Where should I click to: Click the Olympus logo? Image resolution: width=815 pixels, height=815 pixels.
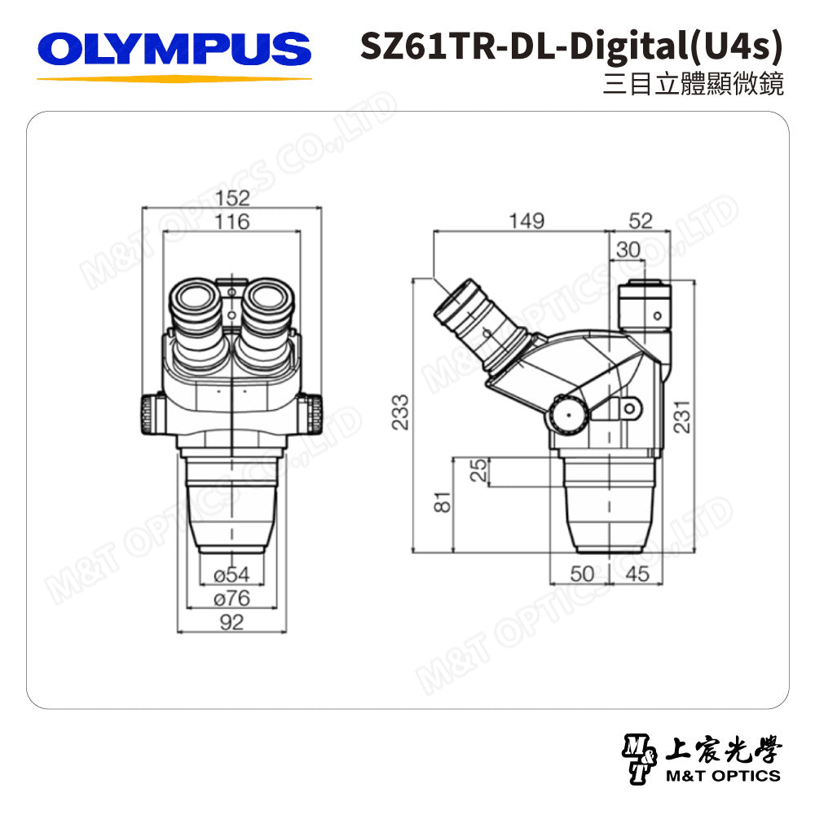coord(174,51)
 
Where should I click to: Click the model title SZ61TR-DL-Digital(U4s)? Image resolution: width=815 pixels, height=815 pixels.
coord(570,48)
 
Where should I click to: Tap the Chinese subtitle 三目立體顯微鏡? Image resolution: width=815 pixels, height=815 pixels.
coord(693,85)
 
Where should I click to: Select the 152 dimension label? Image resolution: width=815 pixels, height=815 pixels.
coord(232,198)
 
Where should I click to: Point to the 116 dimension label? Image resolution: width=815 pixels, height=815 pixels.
coord(232,221)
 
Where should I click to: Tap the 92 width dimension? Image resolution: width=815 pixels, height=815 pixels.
coord(232,623)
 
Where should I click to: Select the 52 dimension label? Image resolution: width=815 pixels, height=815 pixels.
coord(641,221)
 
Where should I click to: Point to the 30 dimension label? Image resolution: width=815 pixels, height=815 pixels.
coord(628,250)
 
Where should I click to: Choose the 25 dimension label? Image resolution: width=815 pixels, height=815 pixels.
coord(479,470)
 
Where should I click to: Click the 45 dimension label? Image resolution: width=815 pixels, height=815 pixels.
coord(638,575)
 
